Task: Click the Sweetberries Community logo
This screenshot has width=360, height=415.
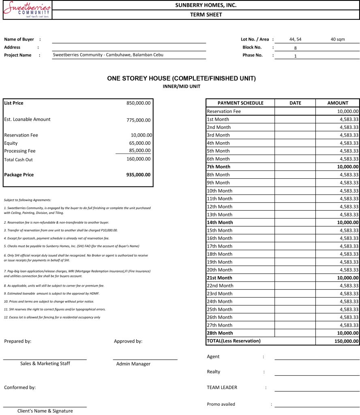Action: tap(27, 10)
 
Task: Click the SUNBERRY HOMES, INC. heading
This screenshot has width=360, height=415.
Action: tap(206, 5)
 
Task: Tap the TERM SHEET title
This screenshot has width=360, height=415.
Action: tap(206, 15)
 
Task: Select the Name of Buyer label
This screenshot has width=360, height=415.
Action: tap(19, 39)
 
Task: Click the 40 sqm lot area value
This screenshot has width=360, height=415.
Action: tap(338, 39)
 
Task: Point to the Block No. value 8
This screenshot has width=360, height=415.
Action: tap(296, 48)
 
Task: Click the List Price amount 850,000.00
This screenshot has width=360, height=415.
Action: tap(138, 103)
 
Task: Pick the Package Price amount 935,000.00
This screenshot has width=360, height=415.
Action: tap(138, 175)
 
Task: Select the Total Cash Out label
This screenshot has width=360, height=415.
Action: tap(18, 160)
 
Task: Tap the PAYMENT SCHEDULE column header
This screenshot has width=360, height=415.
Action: tap(240, 103)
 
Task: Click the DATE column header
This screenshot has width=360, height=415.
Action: tap(295, 103)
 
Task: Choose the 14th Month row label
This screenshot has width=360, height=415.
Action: tap(220, 222)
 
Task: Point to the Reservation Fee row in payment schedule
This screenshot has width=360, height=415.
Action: tap(224, 111)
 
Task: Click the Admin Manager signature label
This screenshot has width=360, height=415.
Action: tap(133, 364)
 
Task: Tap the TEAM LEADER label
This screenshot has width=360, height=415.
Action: tap(222, 387)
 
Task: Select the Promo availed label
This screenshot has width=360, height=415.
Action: tap(221, 404)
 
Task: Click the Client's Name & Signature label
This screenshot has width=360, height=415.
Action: tap(45, 411)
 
